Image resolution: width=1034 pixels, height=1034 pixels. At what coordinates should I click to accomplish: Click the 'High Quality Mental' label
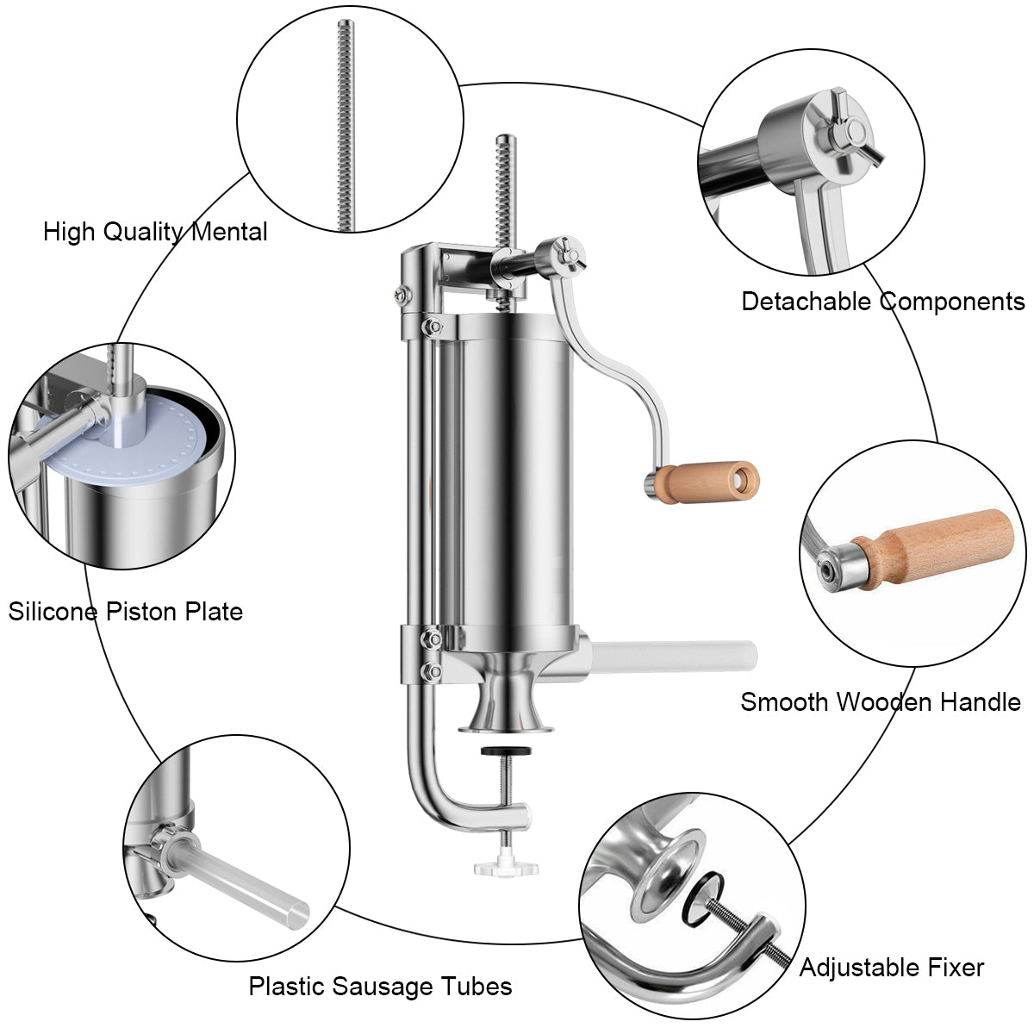coord(155,233)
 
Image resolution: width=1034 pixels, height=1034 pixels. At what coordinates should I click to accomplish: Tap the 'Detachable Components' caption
coord(882,302)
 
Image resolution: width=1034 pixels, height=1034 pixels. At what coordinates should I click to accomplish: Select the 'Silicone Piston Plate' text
coord(126,612)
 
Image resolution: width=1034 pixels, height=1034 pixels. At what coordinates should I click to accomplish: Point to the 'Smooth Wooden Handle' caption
coord(881,702)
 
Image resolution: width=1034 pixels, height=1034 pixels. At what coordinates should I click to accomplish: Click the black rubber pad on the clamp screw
coord(506,751)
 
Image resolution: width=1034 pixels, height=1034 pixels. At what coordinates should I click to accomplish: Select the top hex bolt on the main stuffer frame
coord(403,294)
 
